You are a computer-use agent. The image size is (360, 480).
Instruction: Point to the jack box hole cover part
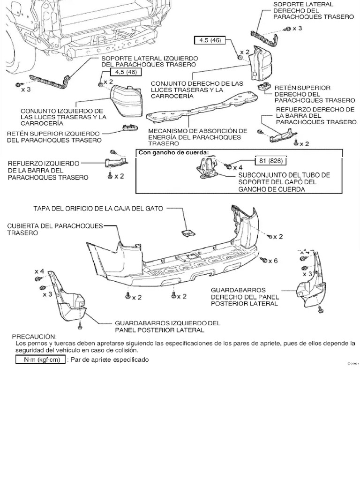pos(188,233)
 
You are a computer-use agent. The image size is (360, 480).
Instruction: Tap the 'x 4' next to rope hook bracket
pos(238,166)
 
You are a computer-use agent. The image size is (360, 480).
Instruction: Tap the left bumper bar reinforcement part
pos(115,163)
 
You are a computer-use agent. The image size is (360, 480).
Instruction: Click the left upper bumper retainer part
pos(129,127)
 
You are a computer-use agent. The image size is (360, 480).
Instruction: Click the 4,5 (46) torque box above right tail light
pos(209,40)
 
